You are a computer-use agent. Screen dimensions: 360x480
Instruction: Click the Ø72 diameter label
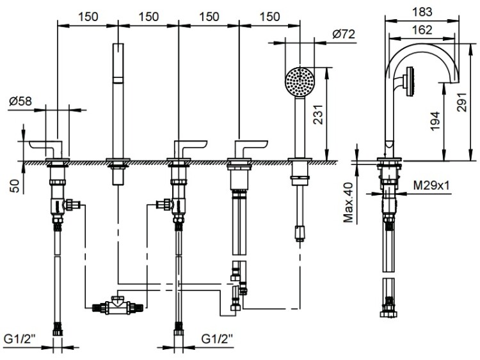point(344,35)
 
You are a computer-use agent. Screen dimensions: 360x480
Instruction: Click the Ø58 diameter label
point(21,100)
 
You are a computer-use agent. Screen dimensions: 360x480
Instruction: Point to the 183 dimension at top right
point(420,11)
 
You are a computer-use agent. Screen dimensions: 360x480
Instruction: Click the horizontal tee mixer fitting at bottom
point(115,306)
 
